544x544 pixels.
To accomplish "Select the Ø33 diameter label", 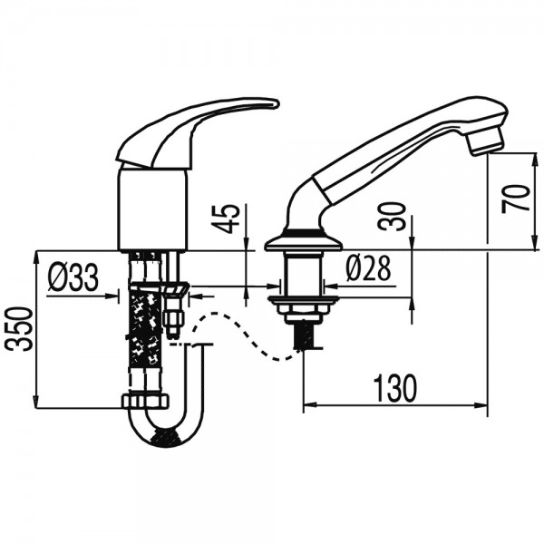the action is click(73, 277).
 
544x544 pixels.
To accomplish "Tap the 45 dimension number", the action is click(227, 219).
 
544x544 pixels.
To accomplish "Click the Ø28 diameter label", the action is click(368, 268).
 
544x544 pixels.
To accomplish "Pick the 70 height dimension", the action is click(516, 199).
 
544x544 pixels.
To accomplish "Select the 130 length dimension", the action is click(394, 388).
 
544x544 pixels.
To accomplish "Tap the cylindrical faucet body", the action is click(152, 209).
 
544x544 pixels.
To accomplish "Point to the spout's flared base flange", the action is click(304, 240).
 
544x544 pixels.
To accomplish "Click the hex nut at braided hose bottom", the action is click(146, 401).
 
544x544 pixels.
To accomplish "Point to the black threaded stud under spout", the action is click(303, 335).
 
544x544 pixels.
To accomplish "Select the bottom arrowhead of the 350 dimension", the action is click(35, 402).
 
